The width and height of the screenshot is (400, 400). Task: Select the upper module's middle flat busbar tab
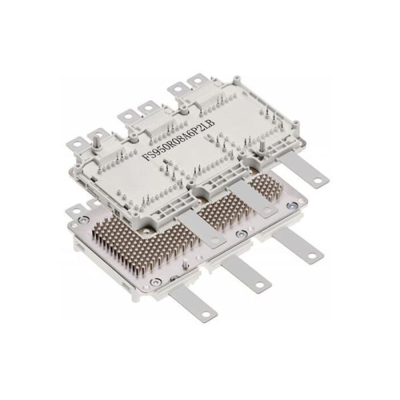(x=255, y=201)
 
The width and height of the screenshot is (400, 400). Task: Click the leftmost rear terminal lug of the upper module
(x=78, y=143)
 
